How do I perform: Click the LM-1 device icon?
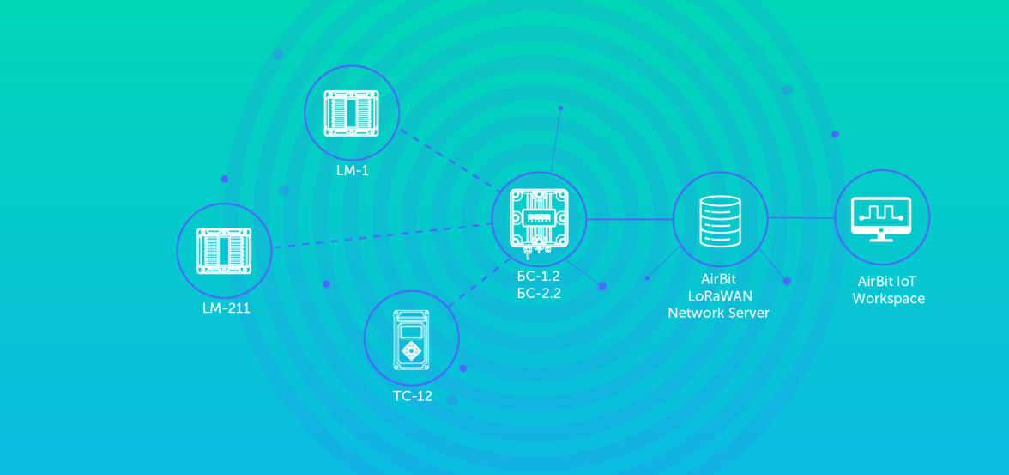[352, 113]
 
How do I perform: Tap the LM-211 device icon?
[224, 251]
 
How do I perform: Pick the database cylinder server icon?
[719, 220]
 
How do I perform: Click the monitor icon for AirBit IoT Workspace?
[882, 219]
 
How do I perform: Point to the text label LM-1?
[353, 171]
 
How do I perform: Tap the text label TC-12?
[412, 396]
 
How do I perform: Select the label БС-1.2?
[540, 278]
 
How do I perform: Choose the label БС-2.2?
[540, 293]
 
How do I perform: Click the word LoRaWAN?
[719, 295]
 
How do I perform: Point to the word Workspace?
[891, 299]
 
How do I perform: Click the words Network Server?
[719, 313]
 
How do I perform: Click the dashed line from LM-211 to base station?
[382, 237]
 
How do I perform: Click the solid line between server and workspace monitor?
[801, 218]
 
